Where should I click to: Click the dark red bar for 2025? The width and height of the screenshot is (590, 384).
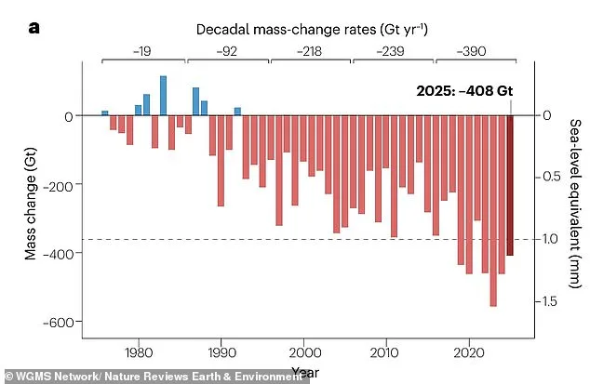510,185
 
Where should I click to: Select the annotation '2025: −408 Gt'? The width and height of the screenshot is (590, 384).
463,92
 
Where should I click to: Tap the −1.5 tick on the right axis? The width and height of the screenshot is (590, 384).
548,301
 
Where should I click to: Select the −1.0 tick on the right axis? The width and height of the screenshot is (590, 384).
548,240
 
